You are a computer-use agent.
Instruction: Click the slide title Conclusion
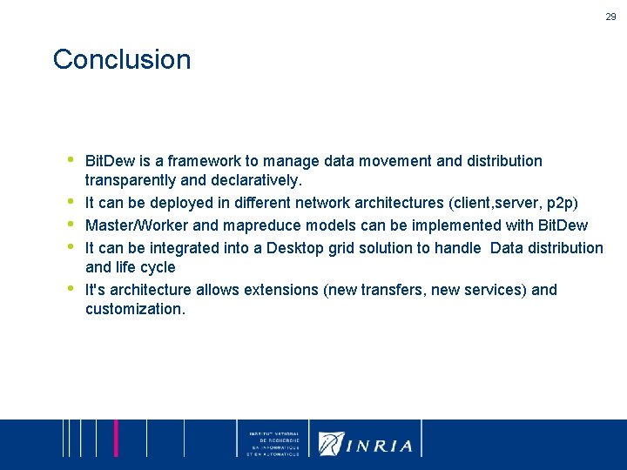coord(121,60)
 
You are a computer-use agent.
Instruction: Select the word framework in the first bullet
coord(199,161)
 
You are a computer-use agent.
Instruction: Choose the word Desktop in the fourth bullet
coord(296,247)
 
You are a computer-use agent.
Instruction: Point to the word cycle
coord(157,267)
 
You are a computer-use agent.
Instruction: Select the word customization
coord(135,309)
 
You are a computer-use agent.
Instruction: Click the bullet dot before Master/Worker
coord(71,223)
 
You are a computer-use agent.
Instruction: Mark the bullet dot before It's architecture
coord(71,286)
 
